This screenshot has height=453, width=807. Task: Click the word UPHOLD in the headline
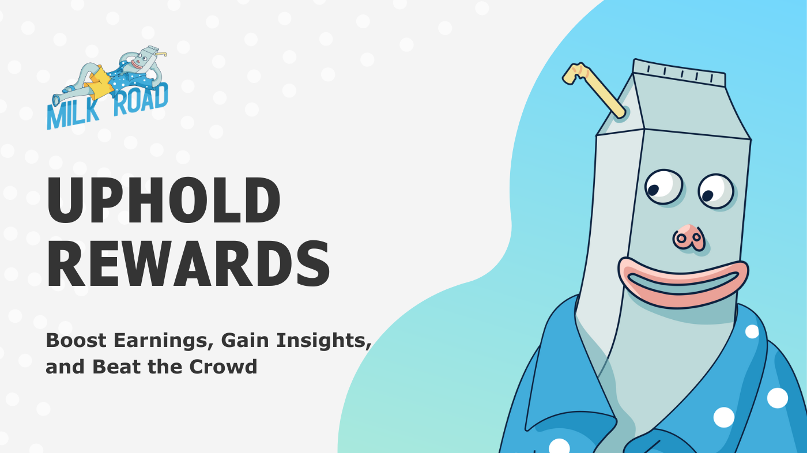coord(163,200)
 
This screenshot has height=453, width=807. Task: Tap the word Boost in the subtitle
coord(76,340)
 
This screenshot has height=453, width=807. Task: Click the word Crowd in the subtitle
coord(224,367)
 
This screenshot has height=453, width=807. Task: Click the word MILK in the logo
coord(73,115)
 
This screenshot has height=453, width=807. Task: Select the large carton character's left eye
coord(663,187)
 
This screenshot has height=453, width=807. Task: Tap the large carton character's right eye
coord(716,191)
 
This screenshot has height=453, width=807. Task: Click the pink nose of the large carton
coord(689,237)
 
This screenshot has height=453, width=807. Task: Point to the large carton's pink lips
coord(683,282)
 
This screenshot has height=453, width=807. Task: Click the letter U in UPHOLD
coord(69,201)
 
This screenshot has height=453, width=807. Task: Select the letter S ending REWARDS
coord(312,263)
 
